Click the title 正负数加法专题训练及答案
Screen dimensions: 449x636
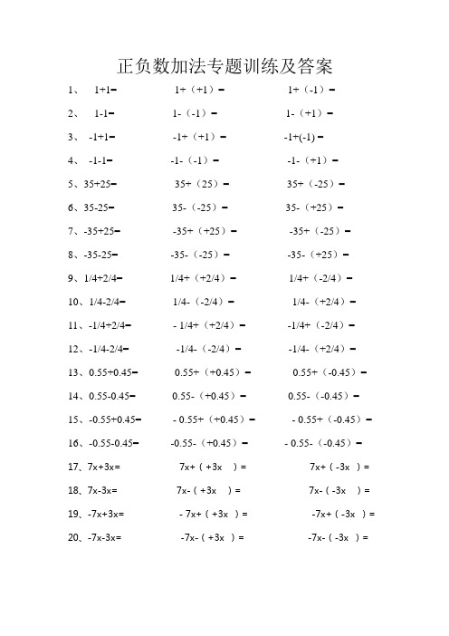[x=225, y=66]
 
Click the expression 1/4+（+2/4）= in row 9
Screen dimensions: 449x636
[x=205, y=279]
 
